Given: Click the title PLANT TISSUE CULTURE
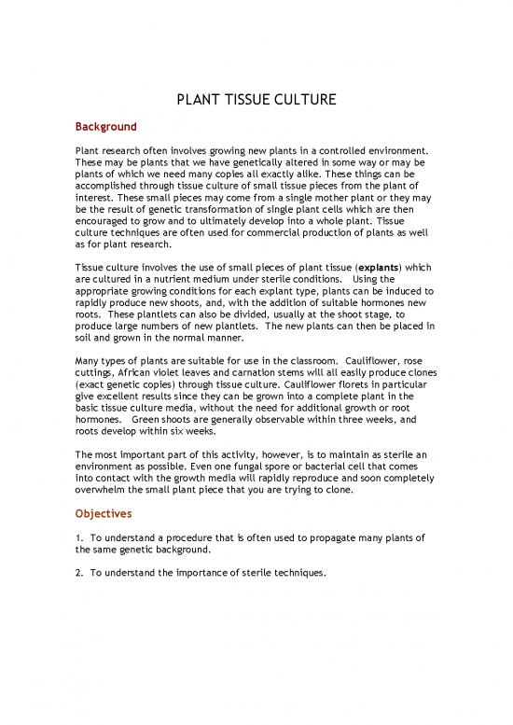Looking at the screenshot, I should coord(256,100).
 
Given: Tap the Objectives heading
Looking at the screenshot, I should coord(103,512).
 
